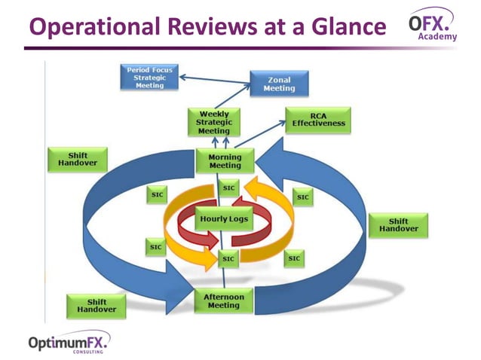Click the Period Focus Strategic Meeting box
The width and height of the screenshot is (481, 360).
[149, 77]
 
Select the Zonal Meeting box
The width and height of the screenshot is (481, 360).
[279, 84]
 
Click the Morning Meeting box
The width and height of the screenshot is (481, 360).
[225, 161]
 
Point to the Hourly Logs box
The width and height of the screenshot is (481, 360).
[224, 219]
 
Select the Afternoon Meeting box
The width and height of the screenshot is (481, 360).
[223, 301]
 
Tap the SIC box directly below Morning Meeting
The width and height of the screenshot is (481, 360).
[228, 188]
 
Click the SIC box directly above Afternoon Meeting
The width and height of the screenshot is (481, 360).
[228, 258]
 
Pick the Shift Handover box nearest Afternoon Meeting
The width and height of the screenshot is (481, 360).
[97, 305]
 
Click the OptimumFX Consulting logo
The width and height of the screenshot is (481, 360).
[69, 343]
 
